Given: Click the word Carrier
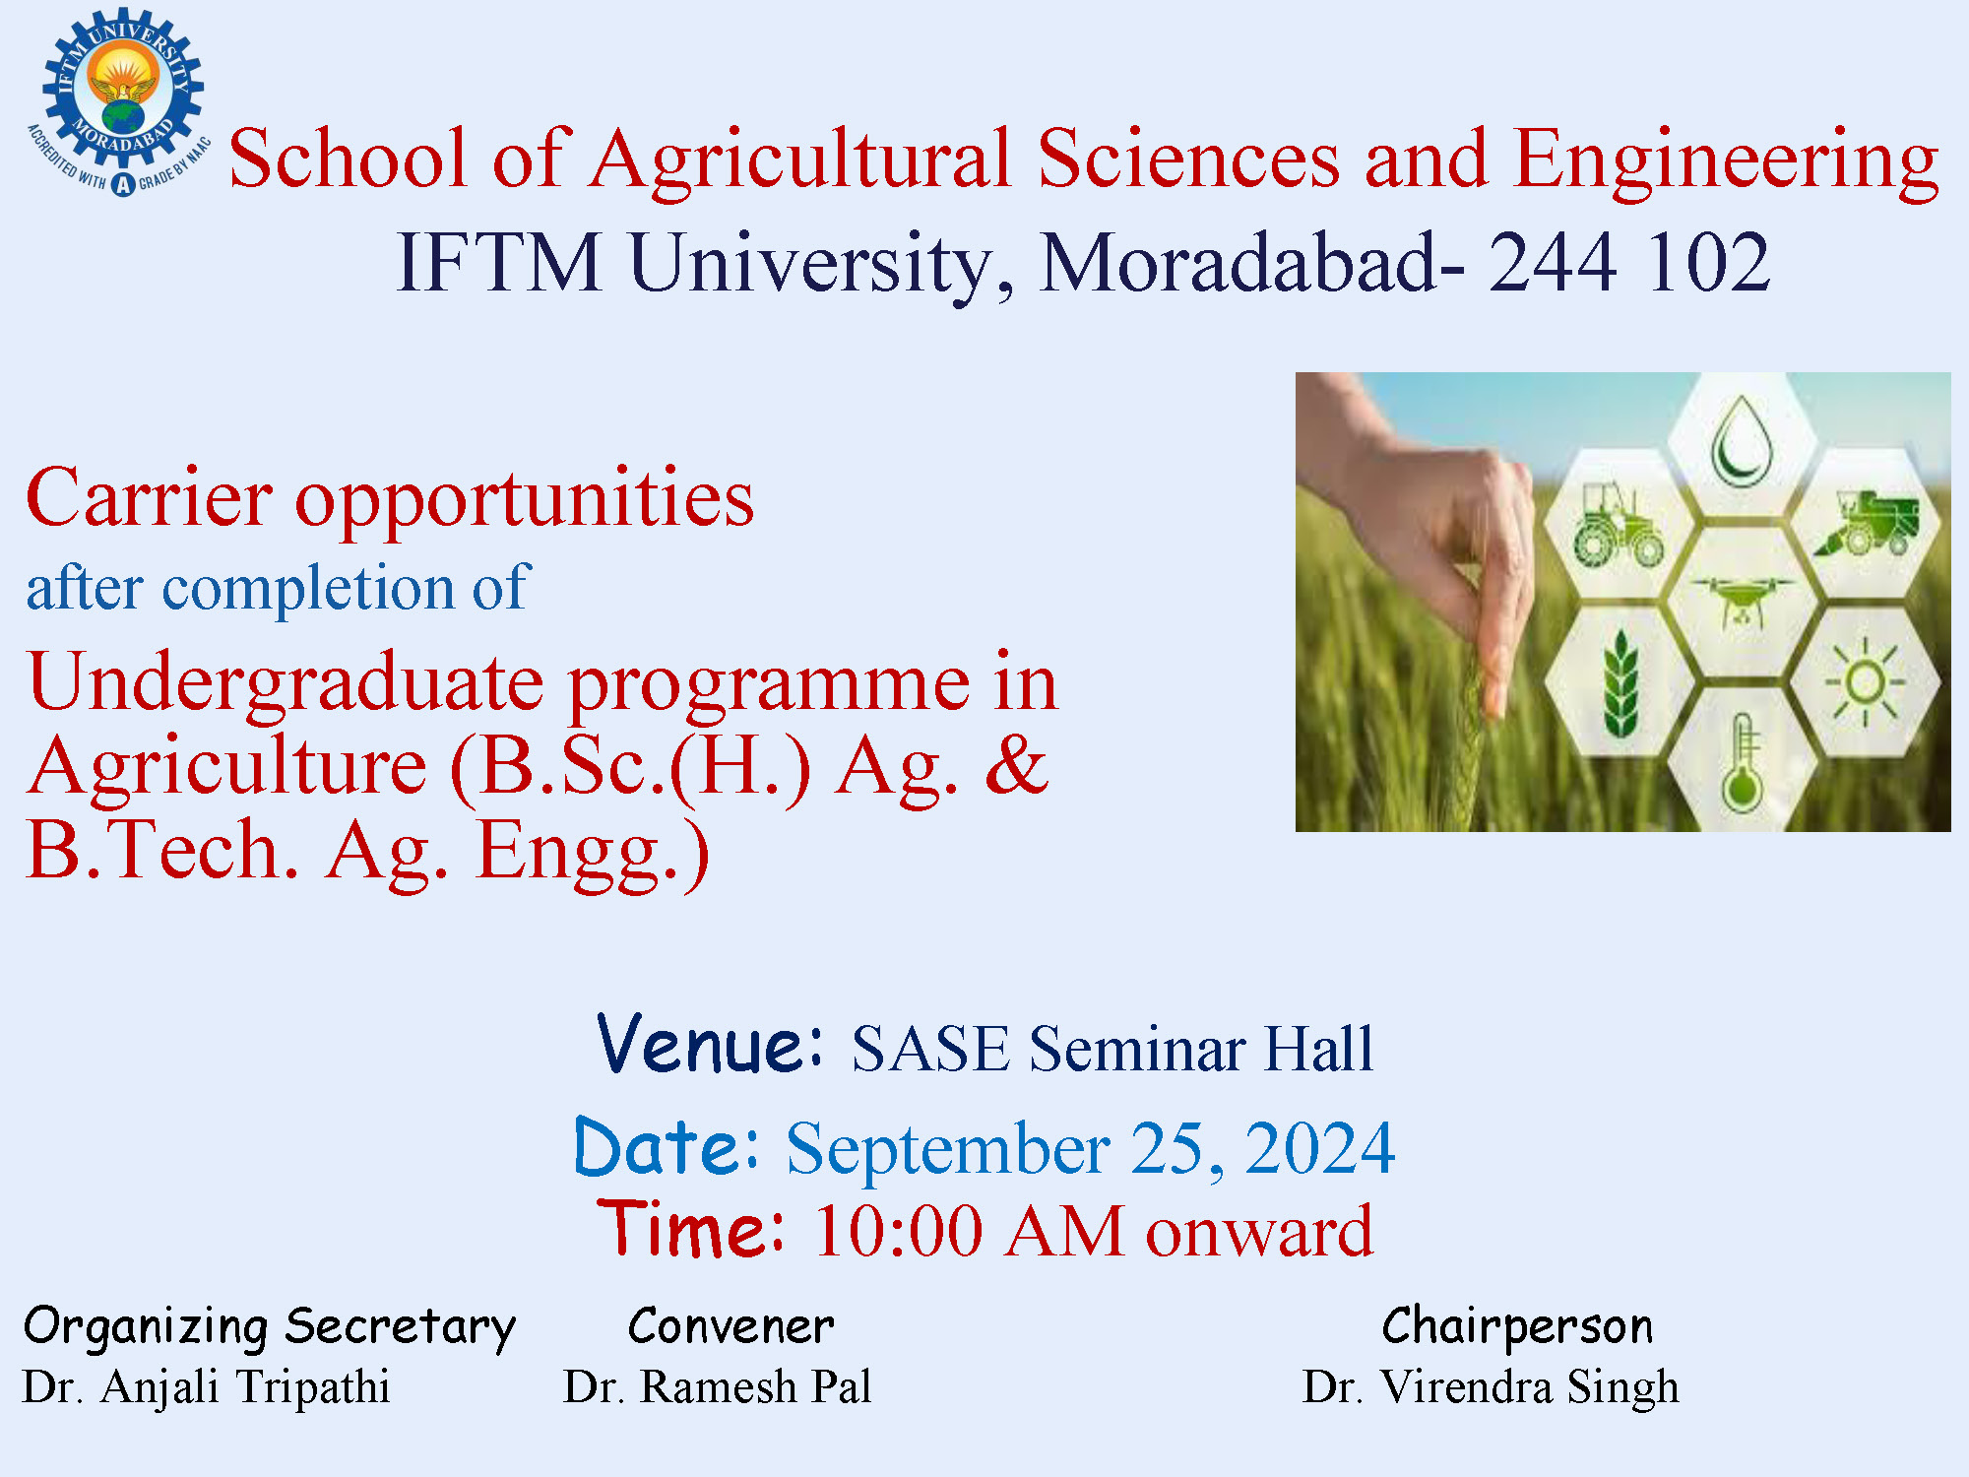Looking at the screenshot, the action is click(150, 497).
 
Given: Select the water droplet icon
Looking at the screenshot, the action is click(1742, 440).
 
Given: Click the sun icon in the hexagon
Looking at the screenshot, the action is click(1865, 681).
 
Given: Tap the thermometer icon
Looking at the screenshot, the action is click(1742, 763).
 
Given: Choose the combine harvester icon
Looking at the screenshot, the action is click(1867, 523).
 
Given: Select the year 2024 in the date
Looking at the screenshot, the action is click(1320, 1148).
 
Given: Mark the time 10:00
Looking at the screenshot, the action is click(898, 1231).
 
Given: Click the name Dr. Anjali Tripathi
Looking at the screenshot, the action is click(207, 1387).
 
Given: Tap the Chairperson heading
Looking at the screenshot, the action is click(1517, 1326).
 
